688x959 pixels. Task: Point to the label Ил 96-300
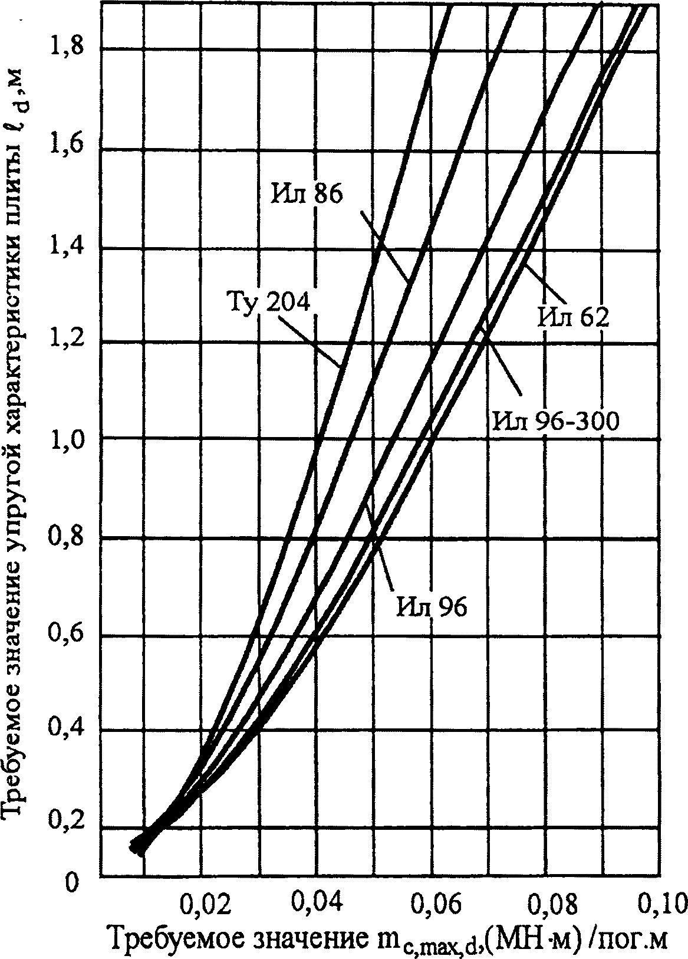556,422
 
